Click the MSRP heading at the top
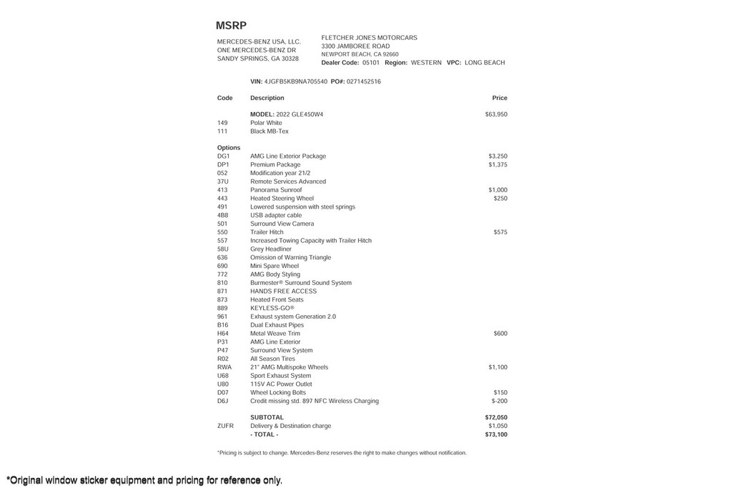(231, 26)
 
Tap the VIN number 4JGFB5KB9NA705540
(295, 81)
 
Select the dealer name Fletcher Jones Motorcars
(369, 38)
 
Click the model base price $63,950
(495, 114)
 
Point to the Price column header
(499, 98)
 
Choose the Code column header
(224, 98)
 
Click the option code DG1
(223, 156)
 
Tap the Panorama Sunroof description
(276, 190)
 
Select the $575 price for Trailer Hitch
(500, 232)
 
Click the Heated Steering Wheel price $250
(500, 199)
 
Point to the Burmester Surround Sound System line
(300, 283)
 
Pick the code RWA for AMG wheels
(224, 367)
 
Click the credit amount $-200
(499, 401)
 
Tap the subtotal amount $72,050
(495, 417)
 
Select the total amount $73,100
(495, 434)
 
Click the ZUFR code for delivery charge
(225, 426)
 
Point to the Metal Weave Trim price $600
(500, 334)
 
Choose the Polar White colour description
(266, 123)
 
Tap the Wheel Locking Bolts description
(277, 392)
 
